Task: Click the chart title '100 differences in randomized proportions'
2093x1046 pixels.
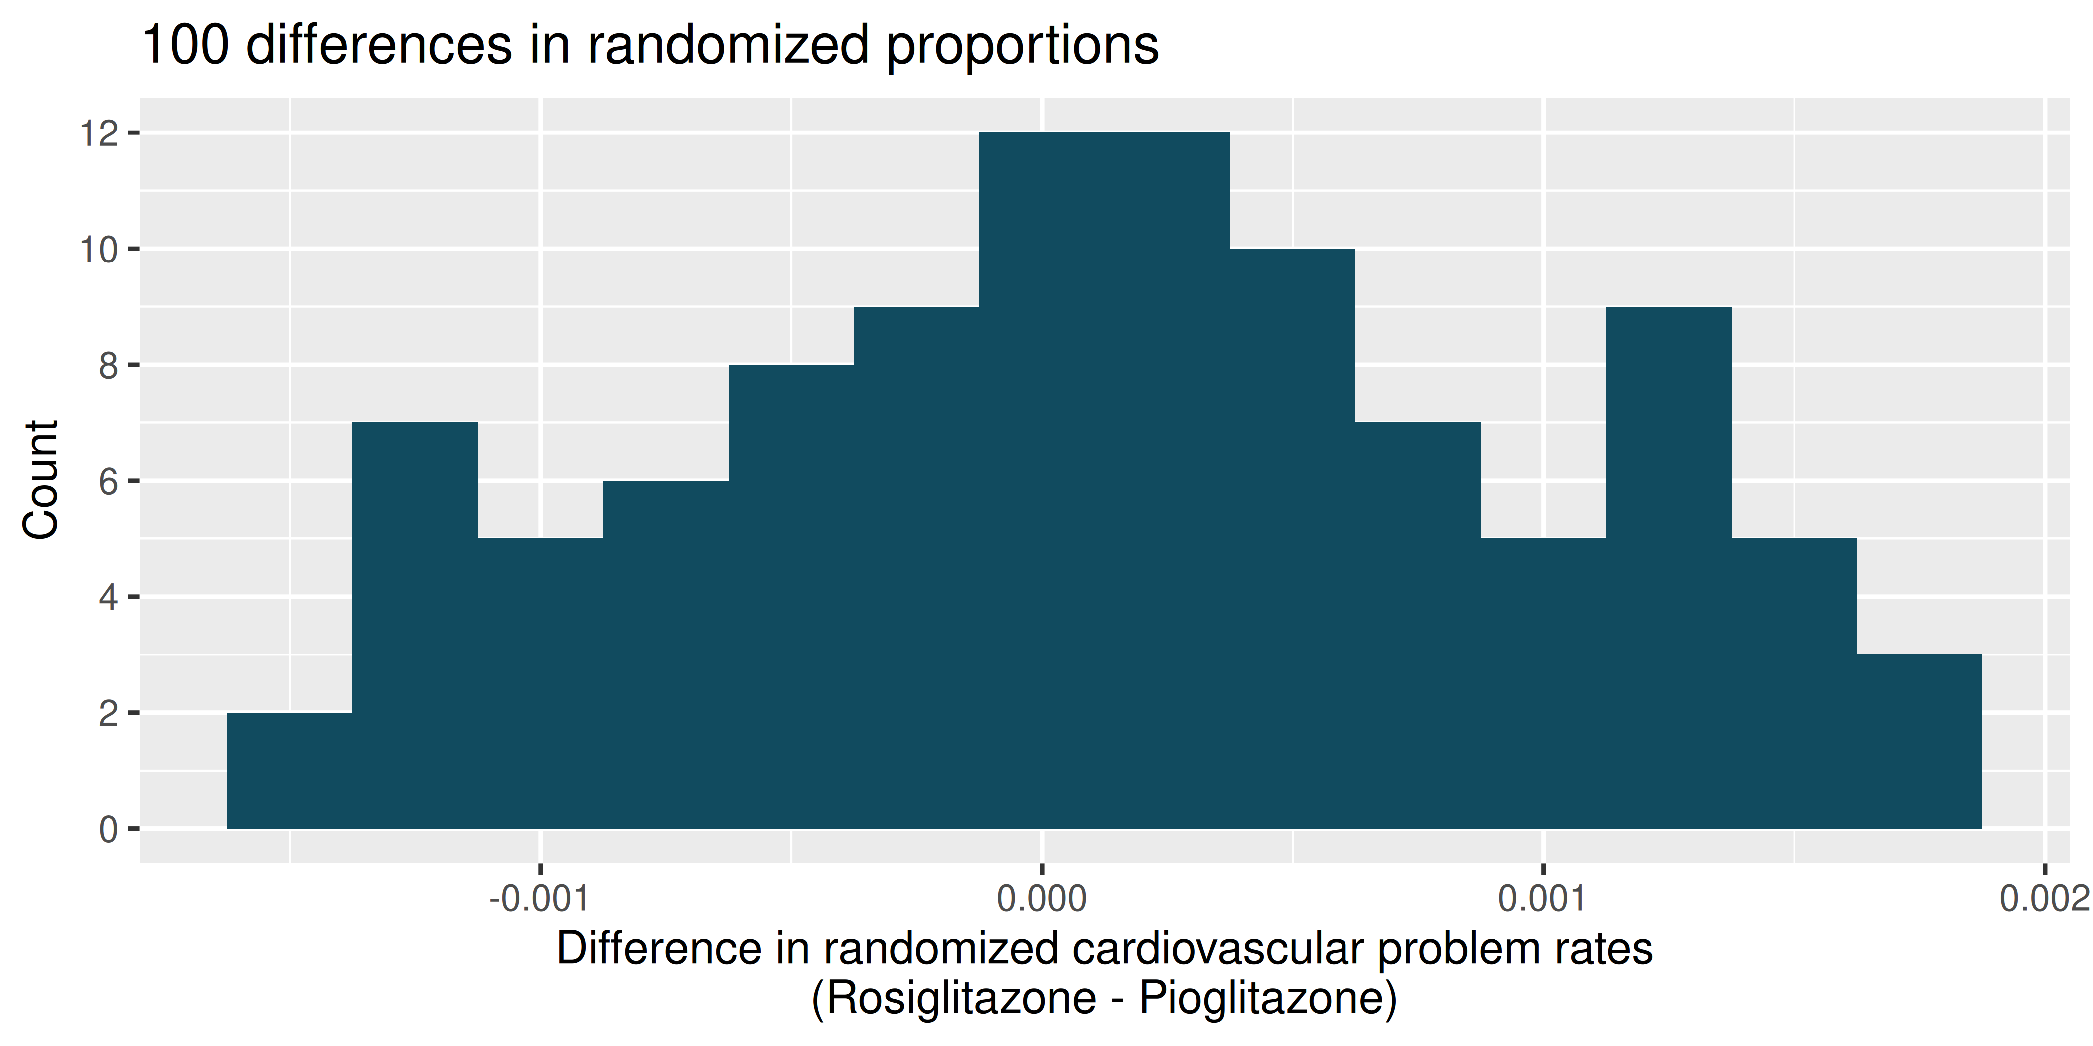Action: (650, 45)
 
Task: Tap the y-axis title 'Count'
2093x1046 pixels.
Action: (41, 480)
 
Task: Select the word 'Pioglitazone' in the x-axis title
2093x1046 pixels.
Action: (1261, 997)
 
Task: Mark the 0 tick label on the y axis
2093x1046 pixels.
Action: (109, 830)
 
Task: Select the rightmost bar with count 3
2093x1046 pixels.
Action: (1919, 742)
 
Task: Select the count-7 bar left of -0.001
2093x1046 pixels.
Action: (415, 625)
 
